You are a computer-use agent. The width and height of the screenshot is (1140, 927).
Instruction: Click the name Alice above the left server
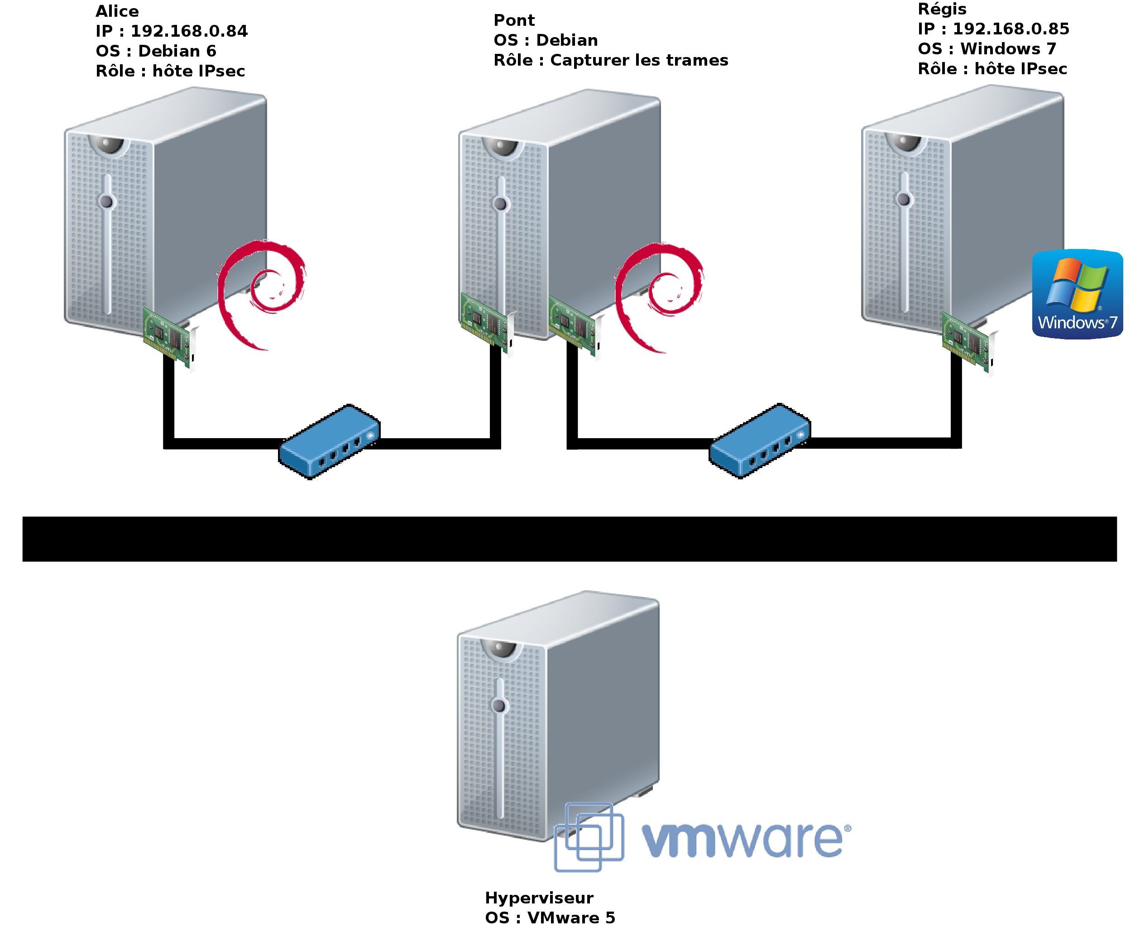117,11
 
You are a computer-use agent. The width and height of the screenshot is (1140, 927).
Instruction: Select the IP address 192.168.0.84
189,31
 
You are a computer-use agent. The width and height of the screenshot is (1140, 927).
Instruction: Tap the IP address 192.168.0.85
1011,29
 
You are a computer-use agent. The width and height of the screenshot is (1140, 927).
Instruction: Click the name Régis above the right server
942,9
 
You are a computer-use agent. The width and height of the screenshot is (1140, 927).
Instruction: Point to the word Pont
514,20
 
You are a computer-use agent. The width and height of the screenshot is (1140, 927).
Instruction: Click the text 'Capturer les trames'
639,60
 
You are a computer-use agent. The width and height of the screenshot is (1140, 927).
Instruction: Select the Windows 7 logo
1077,294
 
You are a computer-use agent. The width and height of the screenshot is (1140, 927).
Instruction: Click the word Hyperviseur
539,898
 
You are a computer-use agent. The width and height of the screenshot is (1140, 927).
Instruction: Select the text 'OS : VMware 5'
550,917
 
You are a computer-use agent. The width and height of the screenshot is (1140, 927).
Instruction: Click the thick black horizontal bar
570,539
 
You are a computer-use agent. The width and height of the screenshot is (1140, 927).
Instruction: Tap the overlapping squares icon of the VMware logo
589,836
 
